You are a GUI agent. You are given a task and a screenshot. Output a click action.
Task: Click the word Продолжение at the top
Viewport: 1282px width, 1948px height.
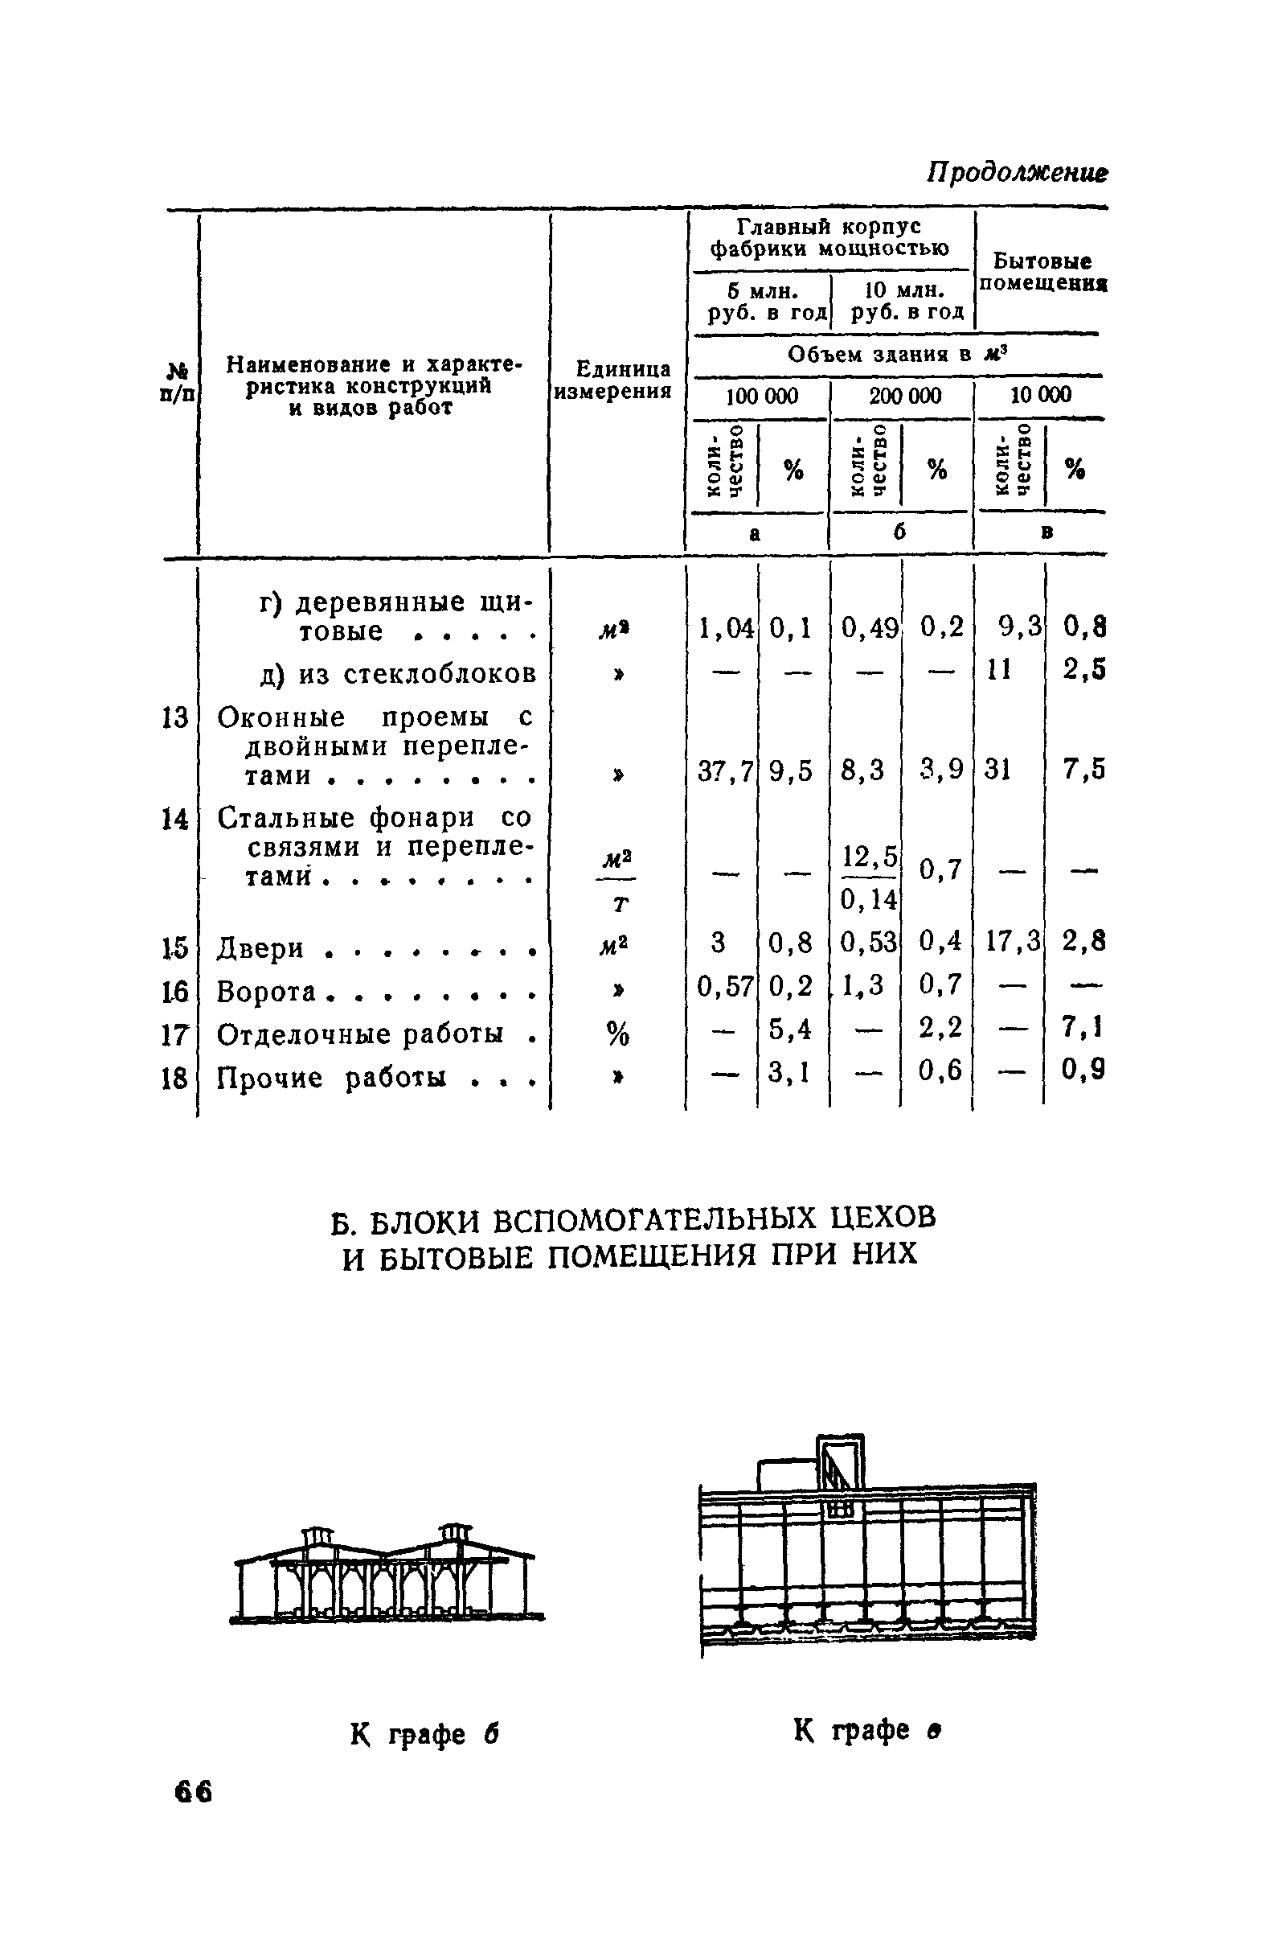pos(1016,173)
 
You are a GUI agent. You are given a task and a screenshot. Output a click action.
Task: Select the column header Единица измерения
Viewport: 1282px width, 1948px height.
pos(612,380)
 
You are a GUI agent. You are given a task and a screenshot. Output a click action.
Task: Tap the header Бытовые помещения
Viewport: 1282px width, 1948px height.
pos(1042,273)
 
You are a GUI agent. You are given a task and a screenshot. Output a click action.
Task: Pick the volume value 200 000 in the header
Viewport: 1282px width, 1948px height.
pos(904,397)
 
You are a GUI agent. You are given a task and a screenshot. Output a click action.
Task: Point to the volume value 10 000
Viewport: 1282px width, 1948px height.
pos(1040,397)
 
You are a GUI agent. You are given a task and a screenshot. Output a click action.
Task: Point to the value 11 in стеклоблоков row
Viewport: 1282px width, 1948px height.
pos(999,670)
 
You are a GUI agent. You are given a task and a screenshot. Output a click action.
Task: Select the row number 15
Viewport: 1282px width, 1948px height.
pos(175,947)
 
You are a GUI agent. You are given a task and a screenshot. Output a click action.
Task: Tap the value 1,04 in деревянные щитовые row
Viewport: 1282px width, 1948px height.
pos(723,628)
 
